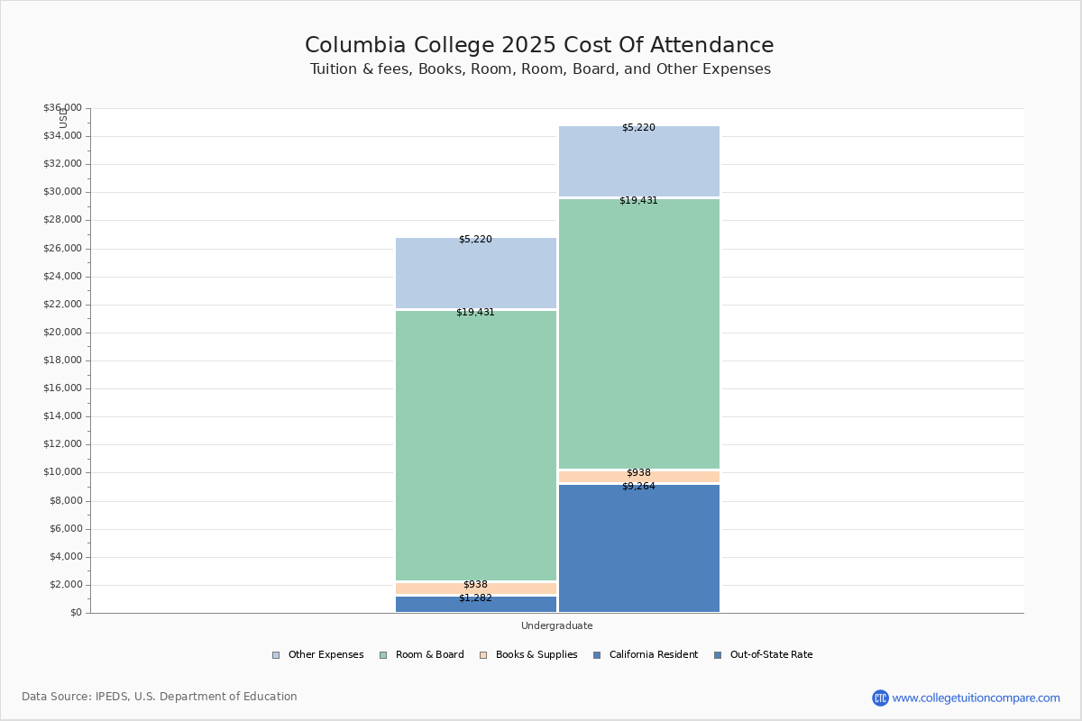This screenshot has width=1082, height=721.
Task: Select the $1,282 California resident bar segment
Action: [475, 605]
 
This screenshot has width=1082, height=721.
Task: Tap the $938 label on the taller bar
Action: [638, 472]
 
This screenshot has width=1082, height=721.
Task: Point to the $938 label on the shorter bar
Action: [475, 584]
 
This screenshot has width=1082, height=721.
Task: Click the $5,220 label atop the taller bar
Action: [638, 127]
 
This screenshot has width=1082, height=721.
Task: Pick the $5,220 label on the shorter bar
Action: [475, 239]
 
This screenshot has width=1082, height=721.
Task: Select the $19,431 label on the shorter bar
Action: [475, 312]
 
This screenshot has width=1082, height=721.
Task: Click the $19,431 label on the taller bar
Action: [638, 200]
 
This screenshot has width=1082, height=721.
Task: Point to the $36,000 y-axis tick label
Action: [62, 108]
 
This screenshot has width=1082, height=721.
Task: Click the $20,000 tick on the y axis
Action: [62, 333]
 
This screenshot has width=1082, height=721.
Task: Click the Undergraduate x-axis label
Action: [556, 625]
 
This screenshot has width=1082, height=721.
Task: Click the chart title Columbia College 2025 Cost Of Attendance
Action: [539, 45]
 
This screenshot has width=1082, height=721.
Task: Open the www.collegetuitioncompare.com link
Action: [976, 698]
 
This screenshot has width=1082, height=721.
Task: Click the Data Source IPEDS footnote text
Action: [160, 697]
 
